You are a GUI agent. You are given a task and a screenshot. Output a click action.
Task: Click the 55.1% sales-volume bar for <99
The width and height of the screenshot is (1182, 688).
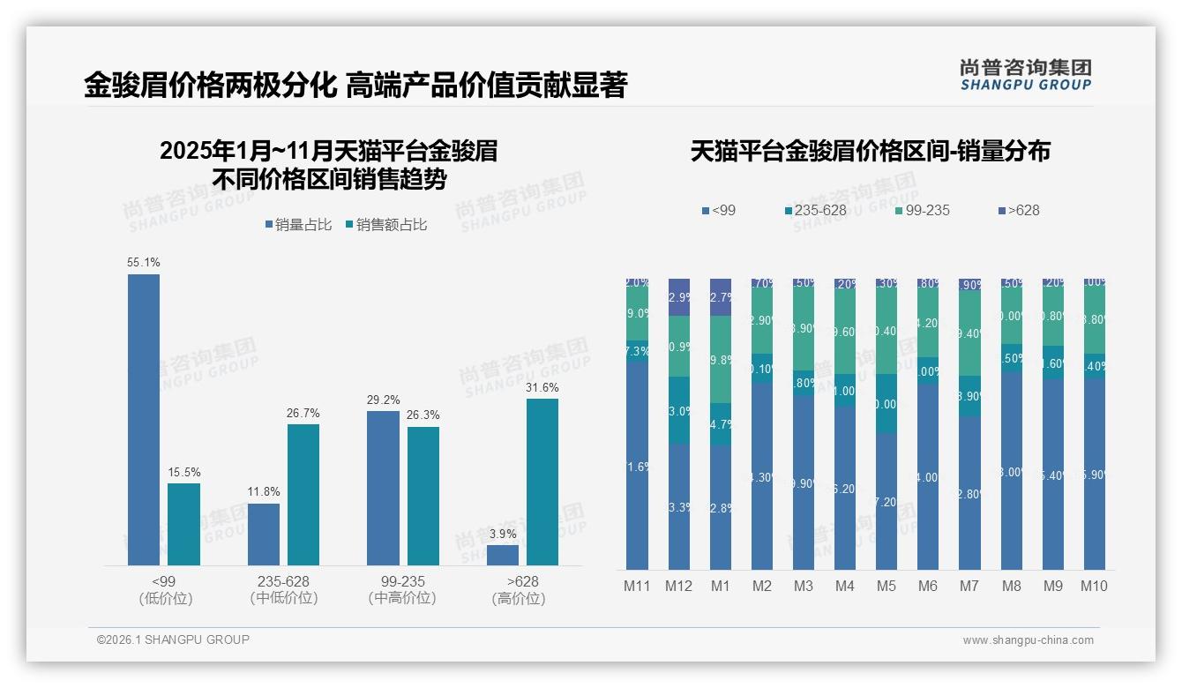pyautogui.click(x=144, y=419)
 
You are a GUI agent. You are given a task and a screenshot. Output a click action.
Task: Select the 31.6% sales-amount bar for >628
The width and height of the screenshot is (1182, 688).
pyautogui.click(x=542, y=482)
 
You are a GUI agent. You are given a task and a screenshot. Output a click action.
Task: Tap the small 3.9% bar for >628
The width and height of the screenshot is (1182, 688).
pyautogui.click(x=503, y=555)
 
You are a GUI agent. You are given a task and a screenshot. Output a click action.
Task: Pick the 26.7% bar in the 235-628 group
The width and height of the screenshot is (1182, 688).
pyautogui.click(x=303, y=494)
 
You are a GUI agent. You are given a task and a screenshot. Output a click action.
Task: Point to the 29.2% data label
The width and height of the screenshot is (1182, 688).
pyautogui.click(x=383, y=400)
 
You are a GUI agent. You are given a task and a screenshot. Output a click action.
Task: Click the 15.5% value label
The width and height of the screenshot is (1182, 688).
pyautogui.click(x=184, y=473)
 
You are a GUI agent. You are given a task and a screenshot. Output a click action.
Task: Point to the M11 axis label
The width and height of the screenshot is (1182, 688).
pyautogui.click(x=637, y=586)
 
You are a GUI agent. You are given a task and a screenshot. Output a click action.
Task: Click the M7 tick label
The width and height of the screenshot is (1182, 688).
pyautogui.click(x=969, y=586)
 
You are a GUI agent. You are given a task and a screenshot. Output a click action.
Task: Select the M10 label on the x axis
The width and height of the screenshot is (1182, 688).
pyautogui.click(x=1093, y=586)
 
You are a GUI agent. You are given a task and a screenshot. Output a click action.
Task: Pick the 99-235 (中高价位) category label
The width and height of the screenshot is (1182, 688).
pyautogui.click(x=402, y=589)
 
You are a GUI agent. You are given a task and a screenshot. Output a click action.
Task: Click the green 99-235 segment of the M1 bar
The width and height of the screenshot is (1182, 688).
pyautogui.click(x=721, y=359)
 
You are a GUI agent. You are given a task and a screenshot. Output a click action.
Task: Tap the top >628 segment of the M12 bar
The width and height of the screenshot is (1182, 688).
pyautogui.click(x=678, y=296)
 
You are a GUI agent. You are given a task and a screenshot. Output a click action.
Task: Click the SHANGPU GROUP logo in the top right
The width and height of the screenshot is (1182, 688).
pyautogui.click(x=1025, y=74)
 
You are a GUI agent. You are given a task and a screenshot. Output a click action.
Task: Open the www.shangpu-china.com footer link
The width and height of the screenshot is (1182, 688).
pyautogui.click(x=1028, y=640)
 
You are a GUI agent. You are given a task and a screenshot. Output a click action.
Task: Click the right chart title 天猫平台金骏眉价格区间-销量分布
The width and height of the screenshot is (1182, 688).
pyautogui.click(x=870, y=151)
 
